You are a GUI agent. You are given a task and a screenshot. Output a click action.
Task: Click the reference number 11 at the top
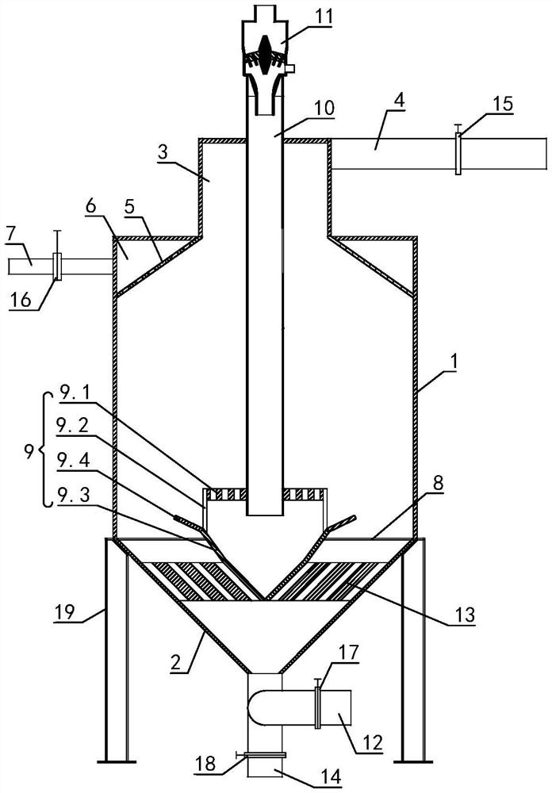point(321,16)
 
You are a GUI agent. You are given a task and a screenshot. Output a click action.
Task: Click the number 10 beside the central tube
point(324,109)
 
